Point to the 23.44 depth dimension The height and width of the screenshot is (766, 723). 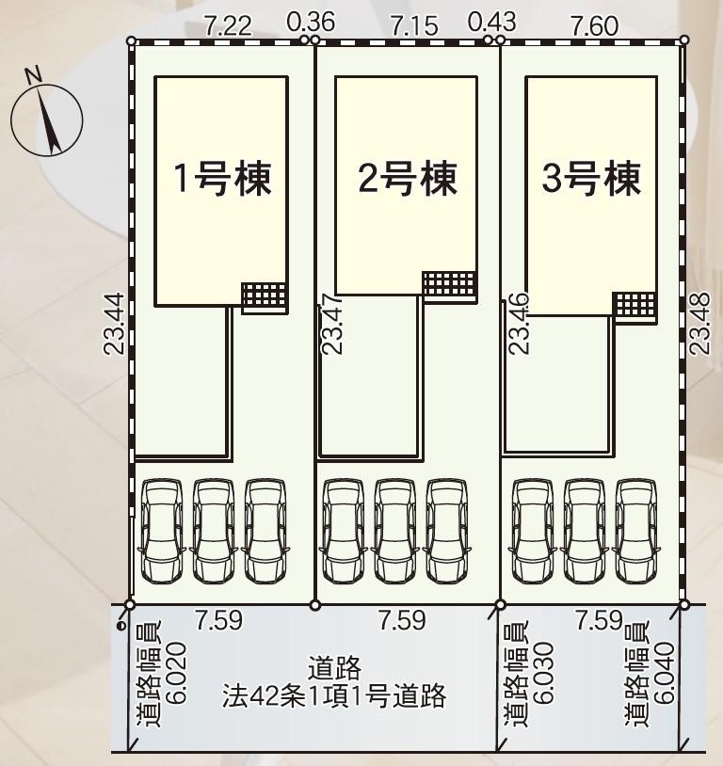114,324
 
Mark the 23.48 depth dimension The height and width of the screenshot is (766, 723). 699,324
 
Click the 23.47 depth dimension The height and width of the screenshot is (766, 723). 331,324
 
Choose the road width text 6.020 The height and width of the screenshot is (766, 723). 172,676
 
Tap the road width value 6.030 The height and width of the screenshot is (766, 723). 541,676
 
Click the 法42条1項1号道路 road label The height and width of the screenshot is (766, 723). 333,697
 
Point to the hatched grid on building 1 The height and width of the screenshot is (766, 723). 264,297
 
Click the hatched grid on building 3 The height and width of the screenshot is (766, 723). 635,307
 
